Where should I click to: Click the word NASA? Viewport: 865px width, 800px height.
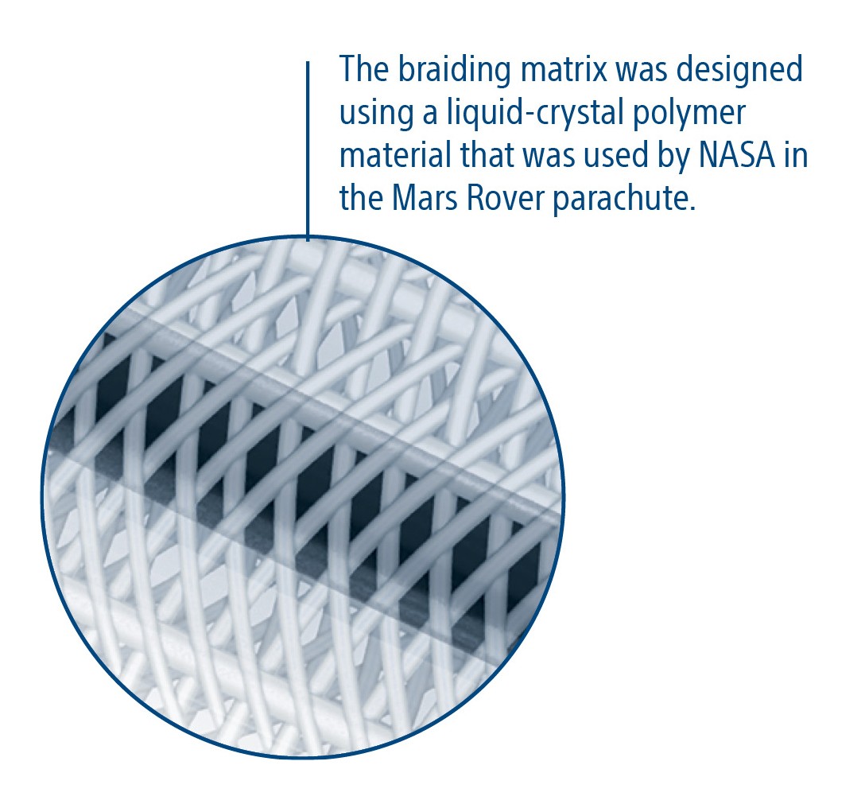coord(736,156)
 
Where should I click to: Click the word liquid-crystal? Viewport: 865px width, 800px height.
coord(534,114)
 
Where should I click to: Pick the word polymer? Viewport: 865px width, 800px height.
coord(689,114)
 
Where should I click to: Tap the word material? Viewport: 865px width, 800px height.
coord(396,155)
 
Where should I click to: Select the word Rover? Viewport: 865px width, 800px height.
coord(506,198)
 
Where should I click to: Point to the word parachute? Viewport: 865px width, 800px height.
coord(623,200)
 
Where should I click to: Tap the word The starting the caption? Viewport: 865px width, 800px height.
coord(364,69)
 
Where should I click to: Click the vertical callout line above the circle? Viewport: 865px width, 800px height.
coord(308,151)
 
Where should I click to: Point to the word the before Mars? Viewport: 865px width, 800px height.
coord(361,198)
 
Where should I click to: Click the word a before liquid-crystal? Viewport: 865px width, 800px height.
coord(430,117)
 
